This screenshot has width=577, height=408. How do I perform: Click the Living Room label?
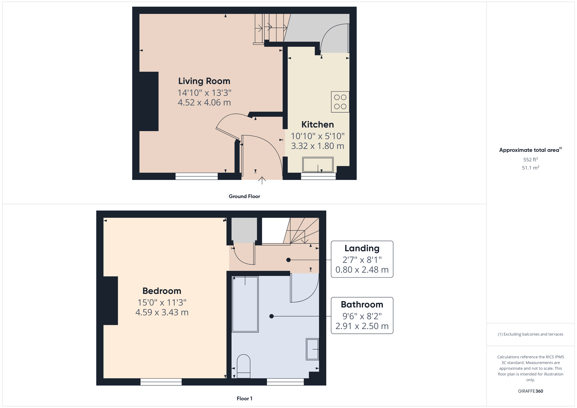tap(204, 81)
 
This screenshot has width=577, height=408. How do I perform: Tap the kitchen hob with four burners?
tap(340, 102)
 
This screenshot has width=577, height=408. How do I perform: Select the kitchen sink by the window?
tap(318, 165)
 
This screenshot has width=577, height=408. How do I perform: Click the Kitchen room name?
tap(317, 125)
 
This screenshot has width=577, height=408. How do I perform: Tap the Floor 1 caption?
tap(244, 399)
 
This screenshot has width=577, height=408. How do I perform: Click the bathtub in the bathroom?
tap(245, 304)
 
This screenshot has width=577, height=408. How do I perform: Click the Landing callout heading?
tap(362, 248)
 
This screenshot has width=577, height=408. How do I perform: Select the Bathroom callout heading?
tap(362, 305)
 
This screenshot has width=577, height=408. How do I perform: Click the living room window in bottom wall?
tap(197, 176)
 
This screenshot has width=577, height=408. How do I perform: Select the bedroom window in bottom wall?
tap(161, 382)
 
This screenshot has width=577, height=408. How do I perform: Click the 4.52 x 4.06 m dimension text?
tap(204, 102)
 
